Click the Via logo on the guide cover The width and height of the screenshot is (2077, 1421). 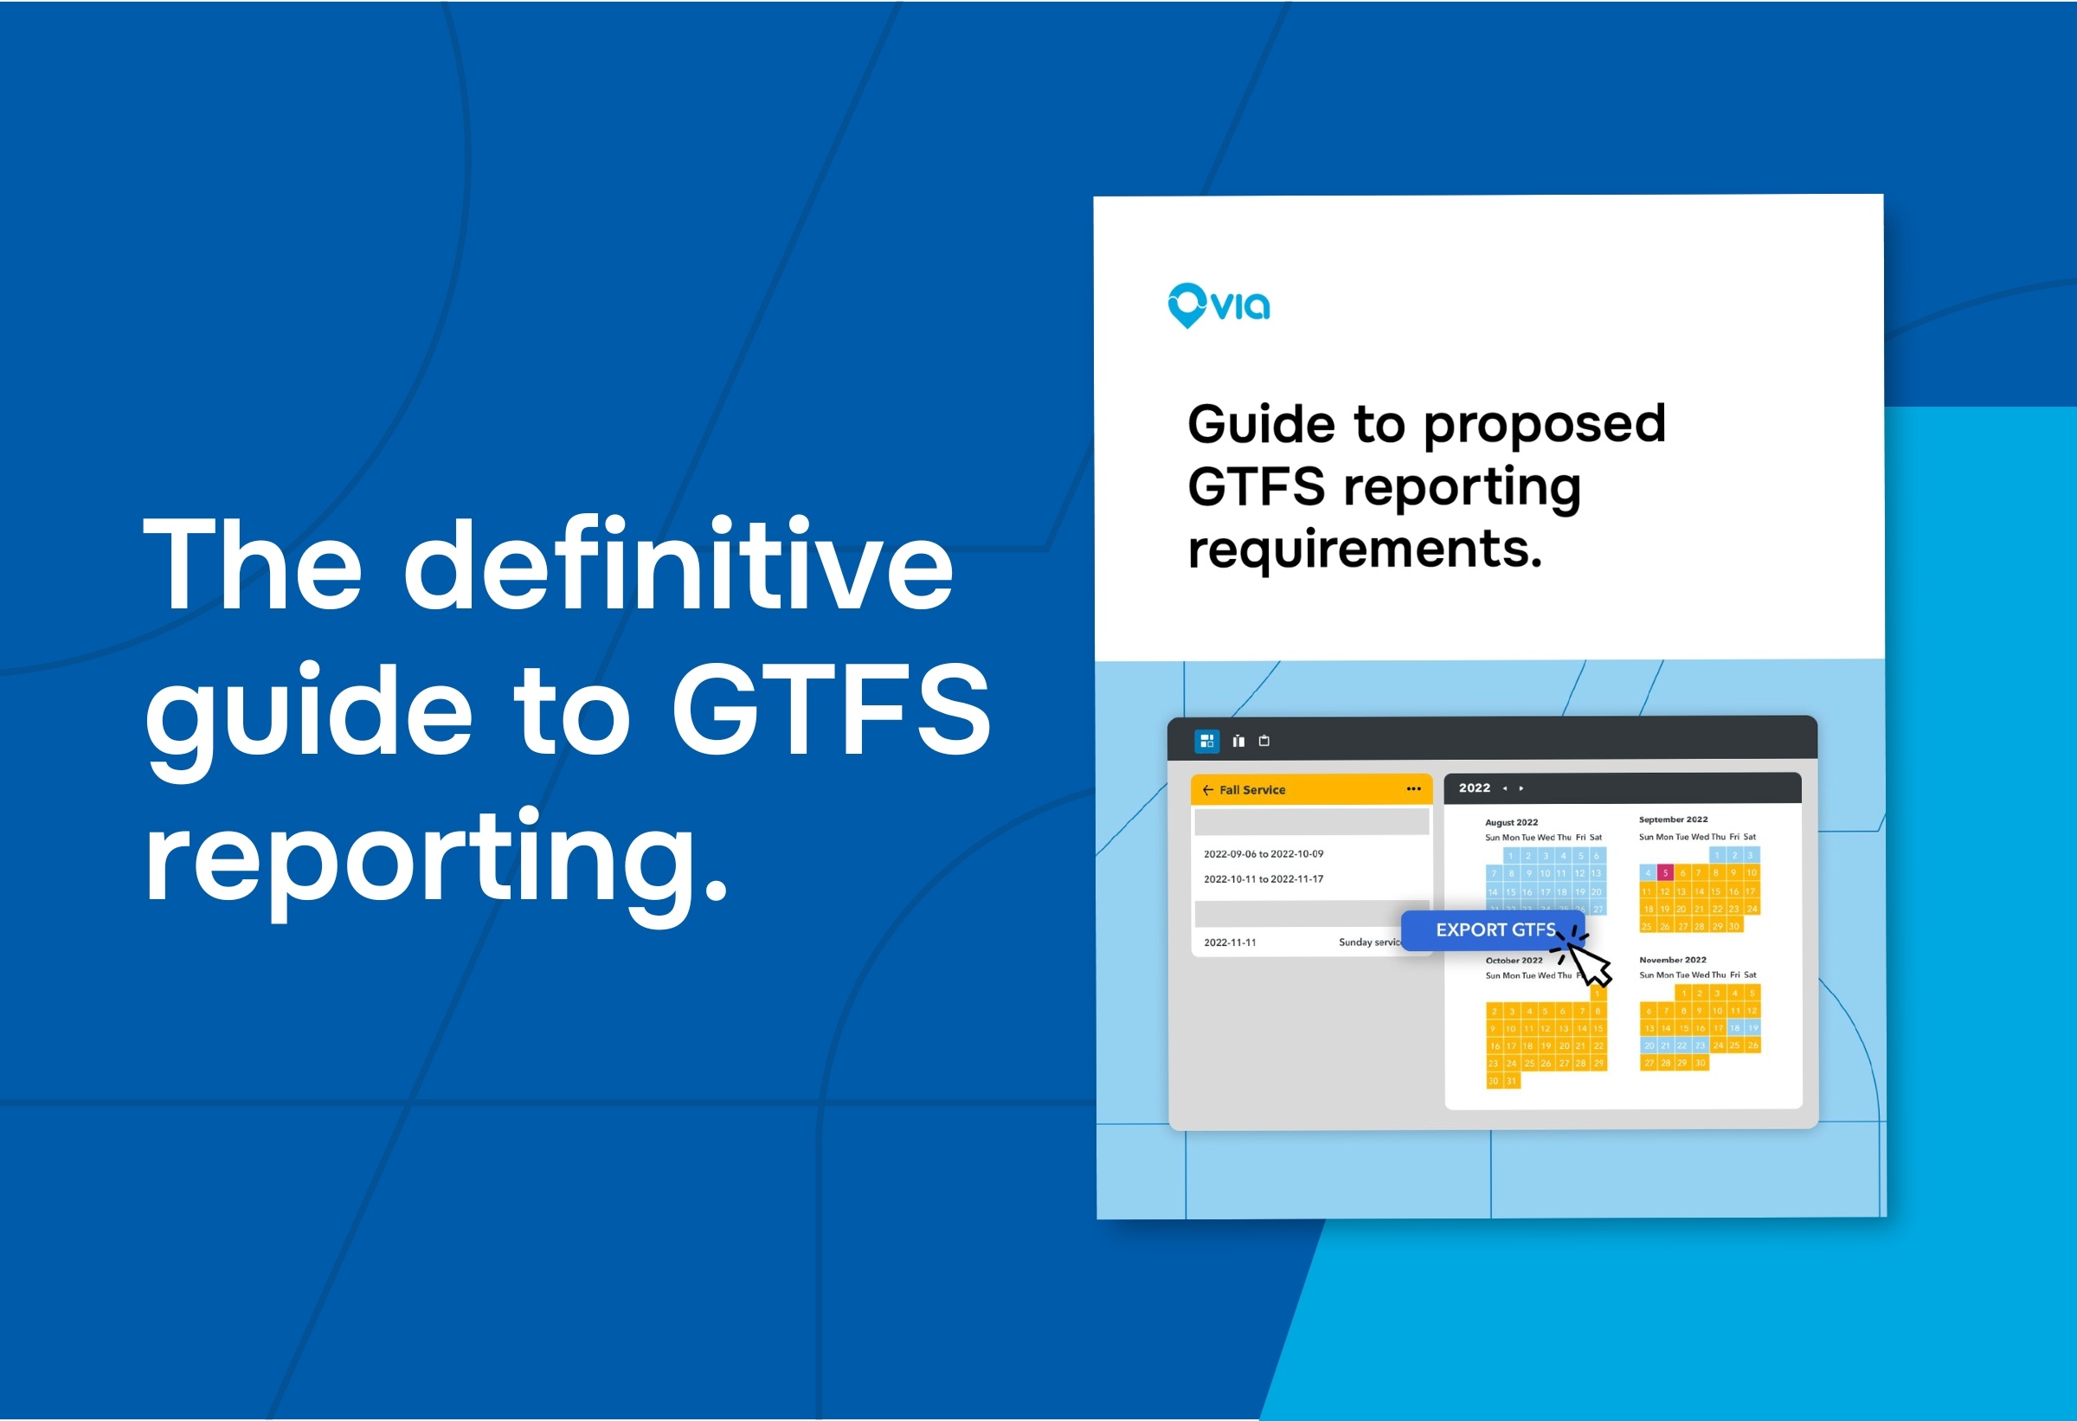click(x=1219, y=305)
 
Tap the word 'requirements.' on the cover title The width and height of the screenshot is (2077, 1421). click(x=1365, y=549)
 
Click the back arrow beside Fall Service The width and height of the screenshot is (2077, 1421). click(x=1207, y=790)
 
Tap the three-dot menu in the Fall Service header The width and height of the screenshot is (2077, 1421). click(x=1413, y=789)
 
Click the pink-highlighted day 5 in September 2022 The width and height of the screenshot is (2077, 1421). click(x=1664, y=873)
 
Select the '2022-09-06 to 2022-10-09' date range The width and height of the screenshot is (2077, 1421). click(x=1263, y=854)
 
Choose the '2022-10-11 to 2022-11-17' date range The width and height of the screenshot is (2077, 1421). click(x=1263, y=879)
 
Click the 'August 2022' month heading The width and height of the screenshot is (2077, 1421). click(x=1511, y=822)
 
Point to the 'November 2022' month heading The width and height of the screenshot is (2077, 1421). click(x=1672, y=960)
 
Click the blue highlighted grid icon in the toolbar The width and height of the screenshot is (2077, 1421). click(x=1206, y=741)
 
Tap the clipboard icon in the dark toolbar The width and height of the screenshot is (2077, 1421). click(x=1264, y=741)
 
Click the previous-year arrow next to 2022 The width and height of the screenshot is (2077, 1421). click(x=1505, y=788)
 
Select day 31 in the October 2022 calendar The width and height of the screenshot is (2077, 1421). click(x=1511, y=1082)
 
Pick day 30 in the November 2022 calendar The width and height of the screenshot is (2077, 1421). click(x=1700, y=1064)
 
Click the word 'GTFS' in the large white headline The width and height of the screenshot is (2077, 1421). click(x=830, y=710)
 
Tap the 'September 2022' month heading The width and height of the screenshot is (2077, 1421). click(x=1673, y=820)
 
